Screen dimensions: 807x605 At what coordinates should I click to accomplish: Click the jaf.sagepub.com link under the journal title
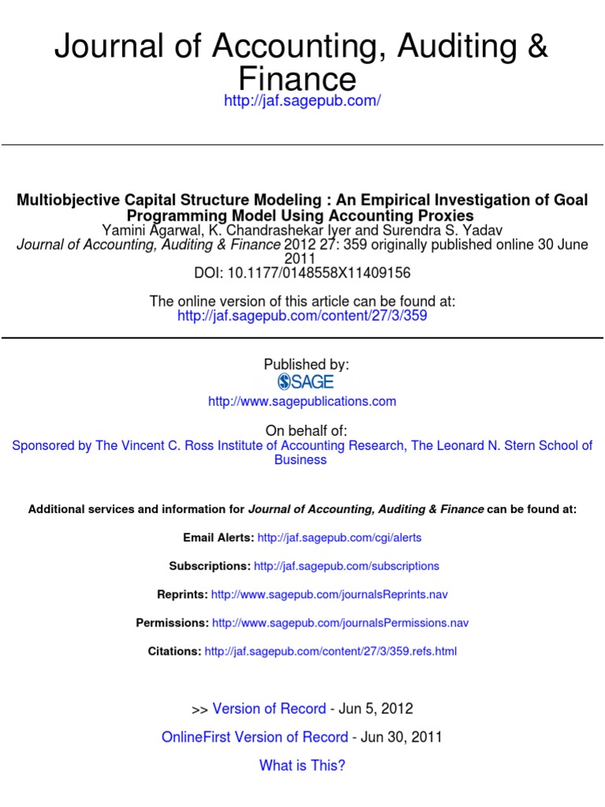[x=302, y=102]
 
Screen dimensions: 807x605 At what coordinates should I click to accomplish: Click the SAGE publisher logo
[x=306, y=382]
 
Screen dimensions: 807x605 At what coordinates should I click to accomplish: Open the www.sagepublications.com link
[x=302, y=401]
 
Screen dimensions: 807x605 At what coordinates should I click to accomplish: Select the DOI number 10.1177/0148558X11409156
[x=318, y=273]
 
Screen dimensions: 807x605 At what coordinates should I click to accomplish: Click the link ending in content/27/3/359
[x=302, y=315]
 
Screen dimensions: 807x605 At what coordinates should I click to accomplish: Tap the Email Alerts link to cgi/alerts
[x=340, y=537]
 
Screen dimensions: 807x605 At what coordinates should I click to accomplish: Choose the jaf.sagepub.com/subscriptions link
[x=347, y=566]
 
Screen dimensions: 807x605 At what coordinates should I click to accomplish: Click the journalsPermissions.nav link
[x=340, y=623]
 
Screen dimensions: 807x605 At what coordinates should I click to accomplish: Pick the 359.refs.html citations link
[x=330, y=651]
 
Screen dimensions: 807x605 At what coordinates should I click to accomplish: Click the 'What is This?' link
[x=302, y=765]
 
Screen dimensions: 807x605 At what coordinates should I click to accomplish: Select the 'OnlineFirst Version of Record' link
[x=254, y=737]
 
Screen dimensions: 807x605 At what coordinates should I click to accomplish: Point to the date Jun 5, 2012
[x=376, y=708]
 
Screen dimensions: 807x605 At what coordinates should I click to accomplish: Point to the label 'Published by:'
[x=306, y=364]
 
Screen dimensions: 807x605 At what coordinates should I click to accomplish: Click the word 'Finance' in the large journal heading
[x=297, y=79]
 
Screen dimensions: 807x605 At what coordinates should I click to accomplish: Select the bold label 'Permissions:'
[x=173, y=623]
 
